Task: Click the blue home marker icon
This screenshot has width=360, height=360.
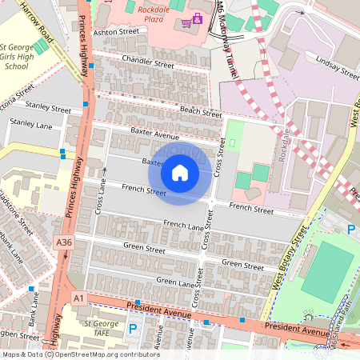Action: coord(180,173)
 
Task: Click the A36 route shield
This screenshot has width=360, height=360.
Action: coord(64,241)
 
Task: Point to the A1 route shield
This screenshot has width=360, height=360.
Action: coord(78,298)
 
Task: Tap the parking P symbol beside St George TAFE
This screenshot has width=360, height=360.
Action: coord(133,328)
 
